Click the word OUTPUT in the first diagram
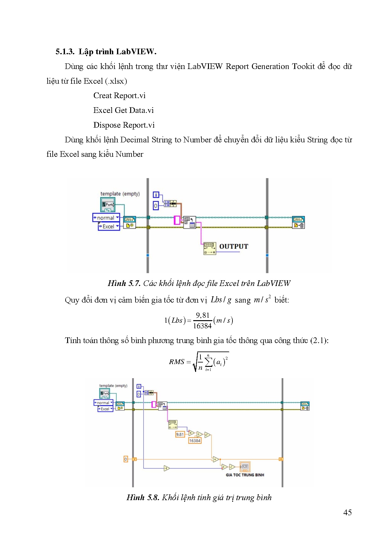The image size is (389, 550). coord(233,246)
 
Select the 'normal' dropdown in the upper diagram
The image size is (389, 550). coord(106,218)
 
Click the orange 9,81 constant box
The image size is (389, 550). coord(180,434)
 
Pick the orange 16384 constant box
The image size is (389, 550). coord(194,441)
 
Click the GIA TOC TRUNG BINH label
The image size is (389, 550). coord(245,475)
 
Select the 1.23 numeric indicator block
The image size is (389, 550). coord(245,467)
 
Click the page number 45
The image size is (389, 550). coord(347,512)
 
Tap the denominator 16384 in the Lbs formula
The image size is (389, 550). coord(202,326)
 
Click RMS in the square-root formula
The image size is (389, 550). coord(176,362)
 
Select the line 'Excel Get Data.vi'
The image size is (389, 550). coord(123,110)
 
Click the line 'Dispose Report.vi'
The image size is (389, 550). coord(124,125)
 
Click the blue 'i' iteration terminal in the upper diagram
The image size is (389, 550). coord(156,195)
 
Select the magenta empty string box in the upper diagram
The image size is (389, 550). coord(177,220)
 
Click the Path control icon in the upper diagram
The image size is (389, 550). coord(108,204)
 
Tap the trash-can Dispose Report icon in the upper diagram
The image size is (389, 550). coord(298,222)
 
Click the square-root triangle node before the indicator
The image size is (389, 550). coord(232,467)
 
